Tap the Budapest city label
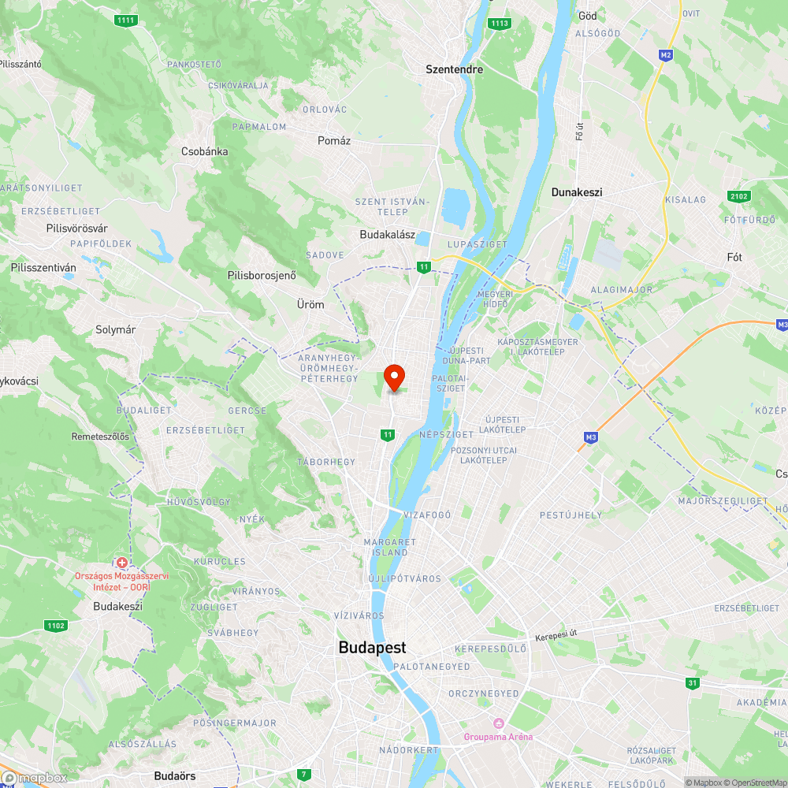point(372,648)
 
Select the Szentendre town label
point(454,69)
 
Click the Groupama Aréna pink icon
point(498,723)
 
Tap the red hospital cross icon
point(122,563)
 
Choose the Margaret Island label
point(389,547)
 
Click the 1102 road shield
point(56,626)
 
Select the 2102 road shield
point(740,195)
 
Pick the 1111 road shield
point(125,20)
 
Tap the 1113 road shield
point(499,24)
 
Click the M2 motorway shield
point(667,54)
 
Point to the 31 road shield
point(693,682)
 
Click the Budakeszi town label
point(117,607)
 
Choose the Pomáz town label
point(333,140)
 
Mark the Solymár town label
point(115,330)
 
